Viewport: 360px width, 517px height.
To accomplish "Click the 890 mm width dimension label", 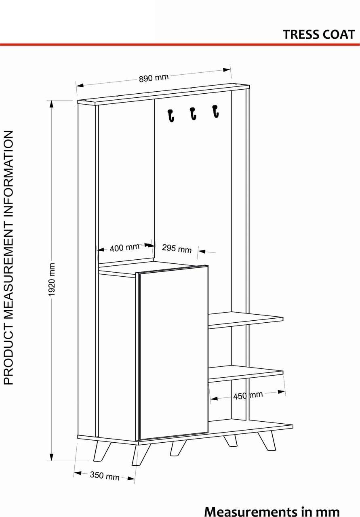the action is pos(154,78).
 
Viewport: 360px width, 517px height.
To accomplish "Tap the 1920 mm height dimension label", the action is pos(52,280).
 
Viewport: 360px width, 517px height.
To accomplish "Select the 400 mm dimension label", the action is pos(124,248).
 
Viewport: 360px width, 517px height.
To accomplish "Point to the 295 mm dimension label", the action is pos(177,248).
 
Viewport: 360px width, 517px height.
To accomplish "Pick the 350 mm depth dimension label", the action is pos(105,476).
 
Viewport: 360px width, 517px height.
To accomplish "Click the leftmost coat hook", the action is pos(171,116).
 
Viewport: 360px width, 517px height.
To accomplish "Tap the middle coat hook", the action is pos(193,113).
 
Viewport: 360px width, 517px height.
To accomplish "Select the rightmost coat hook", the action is pos(215,111).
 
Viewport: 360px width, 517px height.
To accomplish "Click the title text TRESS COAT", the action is pos(319,35).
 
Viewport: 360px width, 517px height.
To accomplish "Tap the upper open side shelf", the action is pos(246,320).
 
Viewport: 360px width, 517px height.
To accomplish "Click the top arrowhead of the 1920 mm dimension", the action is pos(51,104).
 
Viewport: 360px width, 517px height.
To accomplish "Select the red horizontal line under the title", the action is pos(180,44).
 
